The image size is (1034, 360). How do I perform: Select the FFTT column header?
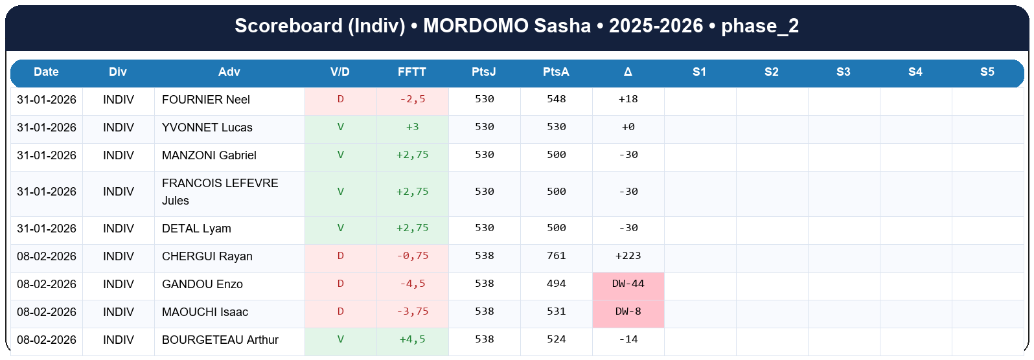412,72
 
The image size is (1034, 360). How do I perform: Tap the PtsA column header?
556,72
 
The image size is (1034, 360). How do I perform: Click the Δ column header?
628,72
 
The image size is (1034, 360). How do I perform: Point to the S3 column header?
843,72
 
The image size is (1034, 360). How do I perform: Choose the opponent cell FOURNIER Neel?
206,100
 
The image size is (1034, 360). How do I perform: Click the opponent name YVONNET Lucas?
207,128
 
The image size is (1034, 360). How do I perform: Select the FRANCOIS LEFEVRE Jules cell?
220,192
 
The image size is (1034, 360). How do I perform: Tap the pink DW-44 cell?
628,284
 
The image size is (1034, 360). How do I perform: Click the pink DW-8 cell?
628,311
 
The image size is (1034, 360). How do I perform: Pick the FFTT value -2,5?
413,99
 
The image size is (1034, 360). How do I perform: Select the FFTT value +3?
413,127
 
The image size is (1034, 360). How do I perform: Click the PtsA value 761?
556,256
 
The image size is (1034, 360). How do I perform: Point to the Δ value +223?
628,256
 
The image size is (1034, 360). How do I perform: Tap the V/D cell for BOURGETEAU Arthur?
341,339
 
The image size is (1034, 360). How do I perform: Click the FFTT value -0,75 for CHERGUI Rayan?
413,256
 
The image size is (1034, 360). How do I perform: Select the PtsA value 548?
556,99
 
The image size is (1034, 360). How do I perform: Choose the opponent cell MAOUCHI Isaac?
205,312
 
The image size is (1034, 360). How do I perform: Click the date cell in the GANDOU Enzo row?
47,284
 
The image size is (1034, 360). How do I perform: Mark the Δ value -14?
628,339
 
